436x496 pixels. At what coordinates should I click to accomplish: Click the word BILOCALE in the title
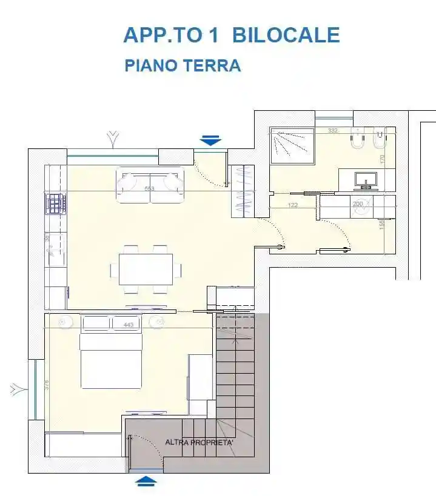(286, 35)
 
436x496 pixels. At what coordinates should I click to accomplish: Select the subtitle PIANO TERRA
(183, 66)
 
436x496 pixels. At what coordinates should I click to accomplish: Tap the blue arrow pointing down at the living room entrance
(210, 141)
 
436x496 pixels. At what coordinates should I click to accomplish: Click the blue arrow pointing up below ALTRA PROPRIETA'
(147, 481)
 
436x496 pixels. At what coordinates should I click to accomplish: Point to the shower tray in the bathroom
(292, 145)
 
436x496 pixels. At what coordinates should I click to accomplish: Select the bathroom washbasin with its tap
(366, 179)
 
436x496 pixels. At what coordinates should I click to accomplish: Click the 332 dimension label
(333, 130)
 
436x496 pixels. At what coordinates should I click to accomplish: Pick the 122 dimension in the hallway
(293, 205)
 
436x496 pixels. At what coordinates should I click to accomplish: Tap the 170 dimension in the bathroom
(383, 160)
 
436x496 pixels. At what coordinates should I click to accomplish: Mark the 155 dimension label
(383, 224)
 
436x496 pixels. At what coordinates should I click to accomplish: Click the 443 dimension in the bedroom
(128, 325)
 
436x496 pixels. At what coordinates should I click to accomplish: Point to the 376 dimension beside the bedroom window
(46, 384)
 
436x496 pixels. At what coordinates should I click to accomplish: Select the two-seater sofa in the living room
(150, 184)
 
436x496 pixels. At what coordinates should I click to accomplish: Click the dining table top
(146, 269)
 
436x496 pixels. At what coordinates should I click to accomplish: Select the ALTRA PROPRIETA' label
(200, 443)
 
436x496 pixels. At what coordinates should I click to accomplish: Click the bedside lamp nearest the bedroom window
(65, 322)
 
